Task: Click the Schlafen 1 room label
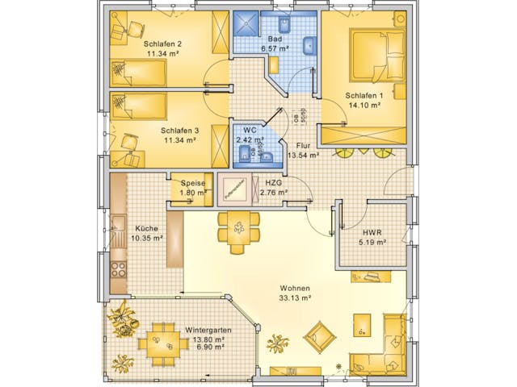coord(366,99)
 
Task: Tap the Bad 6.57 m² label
coord(275,44)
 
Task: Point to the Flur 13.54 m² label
coord(302,150)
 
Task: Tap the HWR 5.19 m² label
coord(372,238)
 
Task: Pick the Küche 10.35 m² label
coord(146,234)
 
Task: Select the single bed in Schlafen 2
coord(138,74)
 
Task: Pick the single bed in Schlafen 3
coord(138,105)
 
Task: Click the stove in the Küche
coord(118,269)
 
